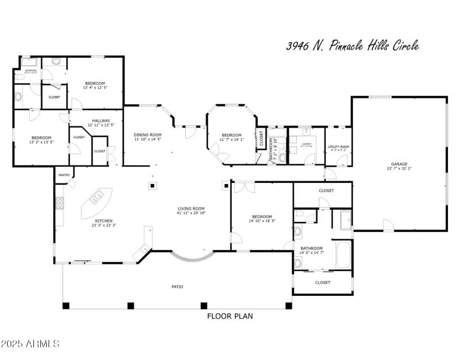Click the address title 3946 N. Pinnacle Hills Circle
(352, 46)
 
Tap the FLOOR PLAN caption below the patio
(230, 316)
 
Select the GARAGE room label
(399, 164)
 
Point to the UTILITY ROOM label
(338, 147)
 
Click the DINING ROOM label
(148, 135)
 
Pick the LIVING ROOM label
(191, 209)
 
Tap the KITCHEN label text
(104, 221)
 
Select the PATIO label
(178, 287)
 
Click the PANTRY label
(63, 175)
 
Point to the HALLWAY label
(101, 121)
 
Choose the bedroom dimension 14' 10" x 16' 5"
(262, 221)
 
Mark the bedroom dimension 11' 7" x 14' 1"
(232, 140)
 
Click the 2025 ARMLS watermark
(30, 344)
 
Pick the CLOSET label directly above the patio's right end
(322, 283)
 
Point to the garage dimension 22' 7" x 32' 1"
(399, 169)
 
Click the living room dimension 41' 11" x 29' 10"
(191, 213)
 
